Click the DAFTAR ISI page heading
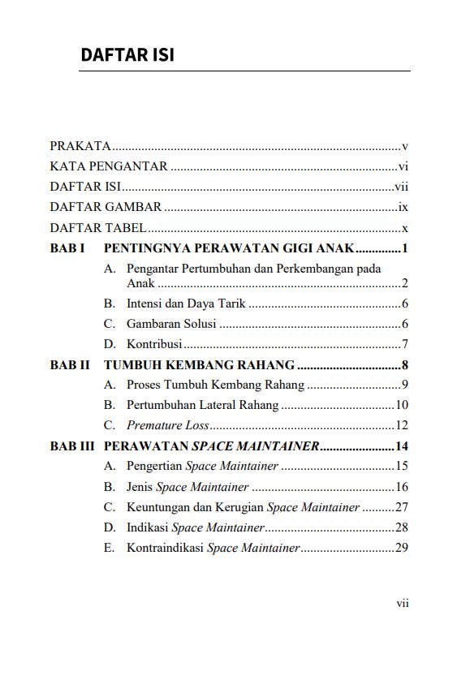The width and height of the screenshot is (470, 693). click(x=127, y=55)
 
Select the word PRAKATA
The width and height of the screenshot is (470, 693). click(x=80, y=146)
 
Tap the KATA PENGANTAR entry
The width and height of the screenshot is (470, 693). click(x=109, y=166)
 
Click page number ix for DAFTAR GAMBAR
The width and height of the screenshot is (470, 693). click(x=403, y=207)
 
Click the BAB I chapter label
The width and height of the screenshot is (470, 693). click(x=67, y=248)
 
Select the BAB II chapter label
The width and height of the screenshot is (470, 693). click(x=70, y=365)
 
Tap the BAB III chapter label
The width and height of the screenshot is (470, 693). click(x=72, y=445)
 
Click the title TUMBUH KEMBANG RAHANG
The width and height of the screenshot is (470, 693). click(x=199, y=365)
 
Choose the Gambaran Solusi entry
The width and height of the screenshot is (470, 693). click(x=171, y=323)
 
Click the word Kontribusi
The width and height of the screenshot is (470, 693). click(x=154, y=343)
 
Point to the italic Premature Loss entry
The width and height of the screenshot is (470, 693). click(x=168, y=425)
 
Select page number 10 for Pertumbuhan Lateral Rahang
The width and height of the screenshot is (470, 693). click(x=401, y=405)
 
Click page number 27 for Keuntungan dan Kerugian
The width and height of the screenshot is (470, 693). click(x=401, y=507)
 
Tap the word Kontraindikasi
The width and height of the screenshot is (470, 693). click(x=165, y=548)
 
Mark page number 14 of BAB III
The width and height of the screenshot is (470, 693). click(x=401, y=445)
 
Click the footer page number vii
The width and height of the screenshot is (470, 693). click(x=402, y=603)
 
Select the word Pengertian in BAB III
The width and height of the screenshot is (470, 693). click(x=154, y=466)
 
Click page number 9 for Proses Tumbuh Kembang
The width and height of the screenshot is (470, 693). click(x=403, y=385)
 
